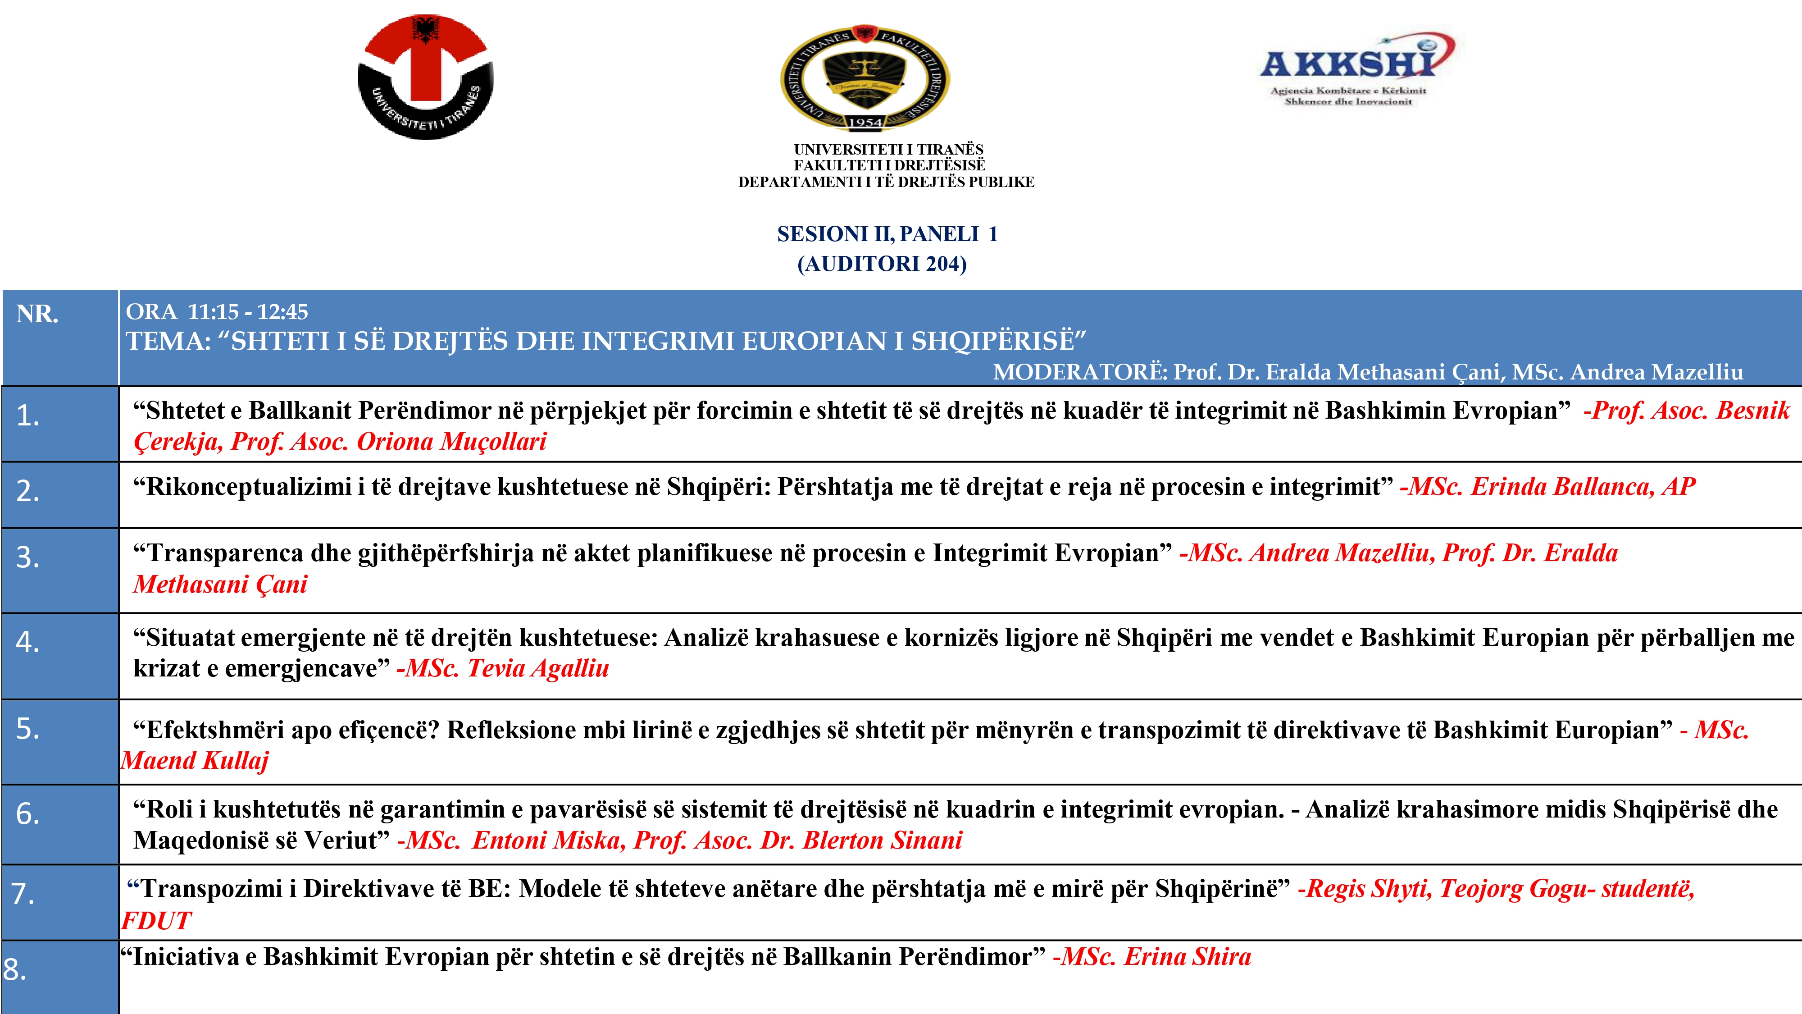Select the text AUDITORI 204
(x=882, y=264)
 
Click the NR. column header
(x=37, y=314)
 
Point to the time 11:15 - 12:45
(x=248, y=311)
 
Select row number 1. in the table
(x=28, y=416)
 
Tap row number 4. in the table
(x=28, y=642)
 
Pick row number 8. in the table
(x=15, y=969)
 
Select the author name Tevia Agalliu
(x=537, y=668)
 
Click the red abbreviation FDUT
(x=155, y=921)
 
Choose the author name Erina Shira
(x=1187, y=957)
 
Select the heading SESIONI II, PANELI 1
(x=887, y=234)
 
